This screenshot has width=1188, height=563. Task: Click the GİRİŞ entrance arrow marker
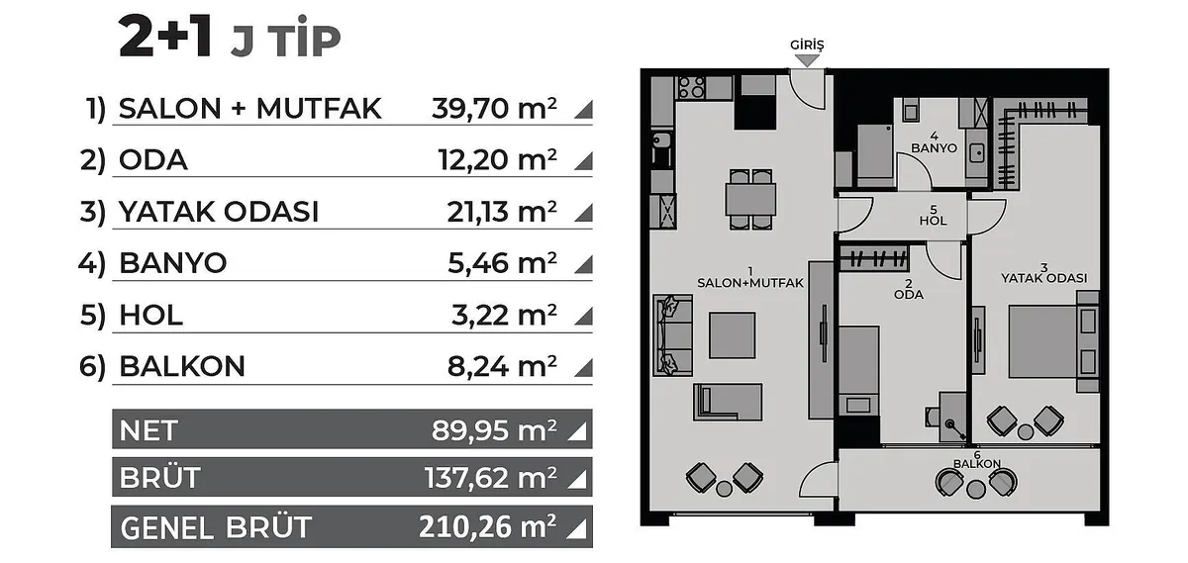[x=807, y=61]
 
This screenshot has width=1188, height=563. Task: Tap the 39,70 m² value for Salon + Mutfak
[x=494, y=108]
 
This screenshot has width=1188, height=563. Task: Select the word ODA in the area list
[x=153, y=159]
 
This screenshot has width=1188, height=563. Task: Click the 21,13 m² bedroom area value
[x=502, y=212]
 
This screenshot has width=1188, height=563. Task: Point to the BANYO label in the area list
[x=173, y=263]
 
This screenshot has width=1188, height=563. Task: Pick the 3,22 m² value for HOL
[x=504, y=315]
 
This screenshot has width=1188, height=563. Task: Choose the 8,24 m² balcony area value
[x=502, y=366]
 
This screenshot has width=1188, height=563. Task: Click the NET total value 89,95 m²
[x=494, y=430]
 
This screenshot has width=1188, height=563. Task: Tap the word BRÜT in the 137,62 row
[x=160, y=478]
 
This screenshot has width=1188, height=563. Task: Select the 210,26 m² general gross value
[x=488, y=527]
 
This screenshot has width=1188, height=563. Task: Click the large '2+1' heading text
[x=165, y=37]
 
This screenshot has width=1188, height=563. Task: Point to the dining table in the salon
[x=750, y=199]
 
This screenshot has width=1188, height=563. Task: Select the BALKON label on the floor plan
[x=977, y=464]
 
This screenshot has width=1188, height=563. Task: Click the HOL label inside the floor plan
[x=933, y=221]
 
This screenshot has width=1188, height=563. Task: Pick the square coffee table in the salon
[x=732, y=335]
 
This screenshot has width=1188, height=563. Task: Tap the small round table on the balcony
[x=975, y=490]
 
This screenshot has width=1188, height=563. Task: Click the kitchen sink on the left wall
[x=660, y=141]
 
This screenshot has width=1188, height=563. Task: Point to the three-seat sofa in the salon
[x=672, y=335]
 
